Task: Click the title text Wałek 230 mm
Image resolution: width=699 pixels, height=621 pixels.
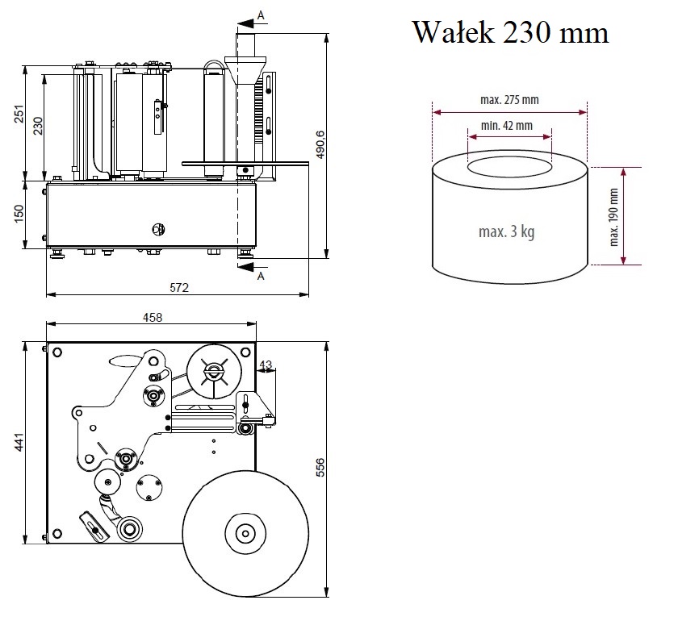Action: coord(510,33)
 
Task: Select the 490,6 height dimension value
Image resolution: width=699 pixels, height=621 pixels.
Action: coord(320,144)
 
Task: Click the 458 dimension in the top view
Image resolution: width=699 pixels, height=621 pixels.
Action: coord(152,317)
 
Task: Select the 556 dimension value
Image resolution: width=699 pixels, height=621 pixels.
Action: coord(320,469)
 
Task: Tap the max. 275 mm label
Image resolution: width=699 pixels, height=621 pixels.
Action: coord(509,100)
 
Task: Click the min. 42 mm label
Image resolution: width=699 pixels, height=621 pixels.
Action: coord(506,125)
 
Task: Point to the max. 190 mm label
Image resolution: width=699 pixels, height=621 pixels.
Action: coord(613,216)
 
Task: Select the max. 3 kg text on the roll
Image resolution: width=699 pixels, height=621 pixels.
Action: coord(506,232)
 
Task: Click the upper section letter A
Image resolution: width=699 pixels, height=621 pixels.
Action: coord(260,15)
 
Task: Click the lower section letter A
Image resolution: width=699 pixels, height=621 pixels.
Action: coord(260,276)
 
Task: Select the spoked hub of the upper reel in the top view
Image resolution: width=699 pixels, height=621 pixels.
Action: coord(213,372)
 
